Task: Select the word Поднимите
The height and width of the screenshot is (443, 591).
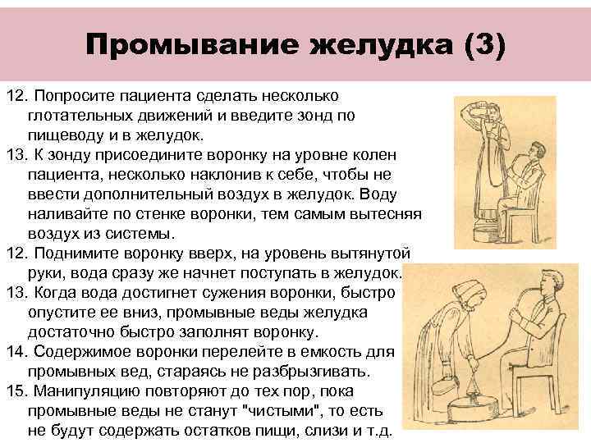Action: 85,253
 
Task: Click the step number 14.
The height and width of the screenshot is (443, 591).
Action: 18,352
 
